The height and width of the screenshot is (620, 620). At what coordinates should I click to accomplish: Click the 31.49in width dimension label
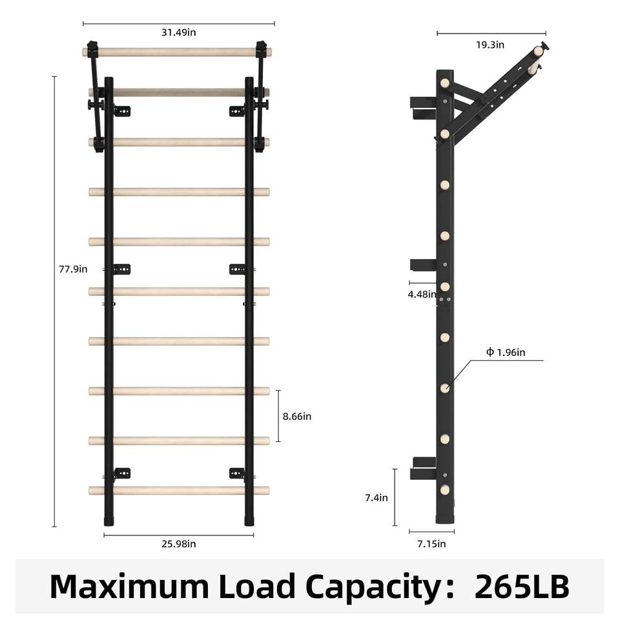pos(179,32)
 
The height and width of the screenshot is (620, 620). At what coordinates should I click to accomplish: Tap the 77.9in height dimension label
pos(73,269)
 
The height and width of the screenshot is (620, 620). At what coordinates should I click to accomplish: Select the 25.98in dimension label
pos(179,544)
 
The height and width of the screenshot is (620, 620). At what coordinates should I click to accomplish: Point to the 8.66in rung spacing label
pos(297,417)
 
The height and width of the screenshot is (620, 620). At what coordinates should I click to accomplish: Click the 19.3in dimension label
pos(490,45)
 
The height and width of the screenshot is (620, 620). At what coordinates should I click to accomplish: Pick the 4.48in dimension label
pos(422,294)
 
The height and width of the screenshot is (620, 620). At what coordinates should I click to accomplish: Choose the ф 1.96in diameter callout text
pos(506,353)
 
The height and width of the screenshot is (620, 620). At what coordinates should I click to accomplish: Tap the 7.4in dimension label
pos(377,498)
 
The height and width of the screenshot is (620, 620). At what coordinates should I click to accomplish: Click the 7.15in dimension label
pos(431,544)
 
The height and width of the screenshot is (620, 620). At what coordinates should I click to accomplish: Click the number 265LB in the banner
pos(522,587)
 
